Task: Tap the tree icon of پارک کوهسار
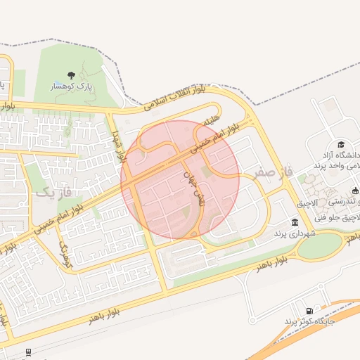(x=70, y=75)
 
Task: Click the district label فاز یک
(x=53, y=191)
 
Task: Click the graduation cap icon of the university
(x=341, y=144)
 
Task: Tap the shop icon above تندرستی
(x=355, y=190)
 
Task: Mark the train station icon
(x=27, y=352)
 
